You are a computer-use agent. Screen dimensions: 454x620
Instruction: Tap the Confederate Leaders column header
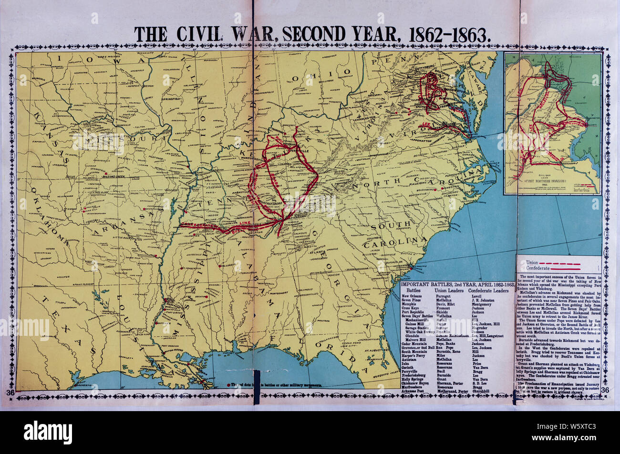pyautogui.click(x=488, y=290)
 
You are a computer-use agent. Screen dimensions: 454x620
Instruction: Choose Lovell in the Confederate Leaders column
pyautogui.click(x=476, y=296)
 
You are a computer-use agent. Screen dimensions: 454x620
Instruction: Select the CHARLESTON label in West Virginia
pyautogui.click(x=375, y=113)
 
